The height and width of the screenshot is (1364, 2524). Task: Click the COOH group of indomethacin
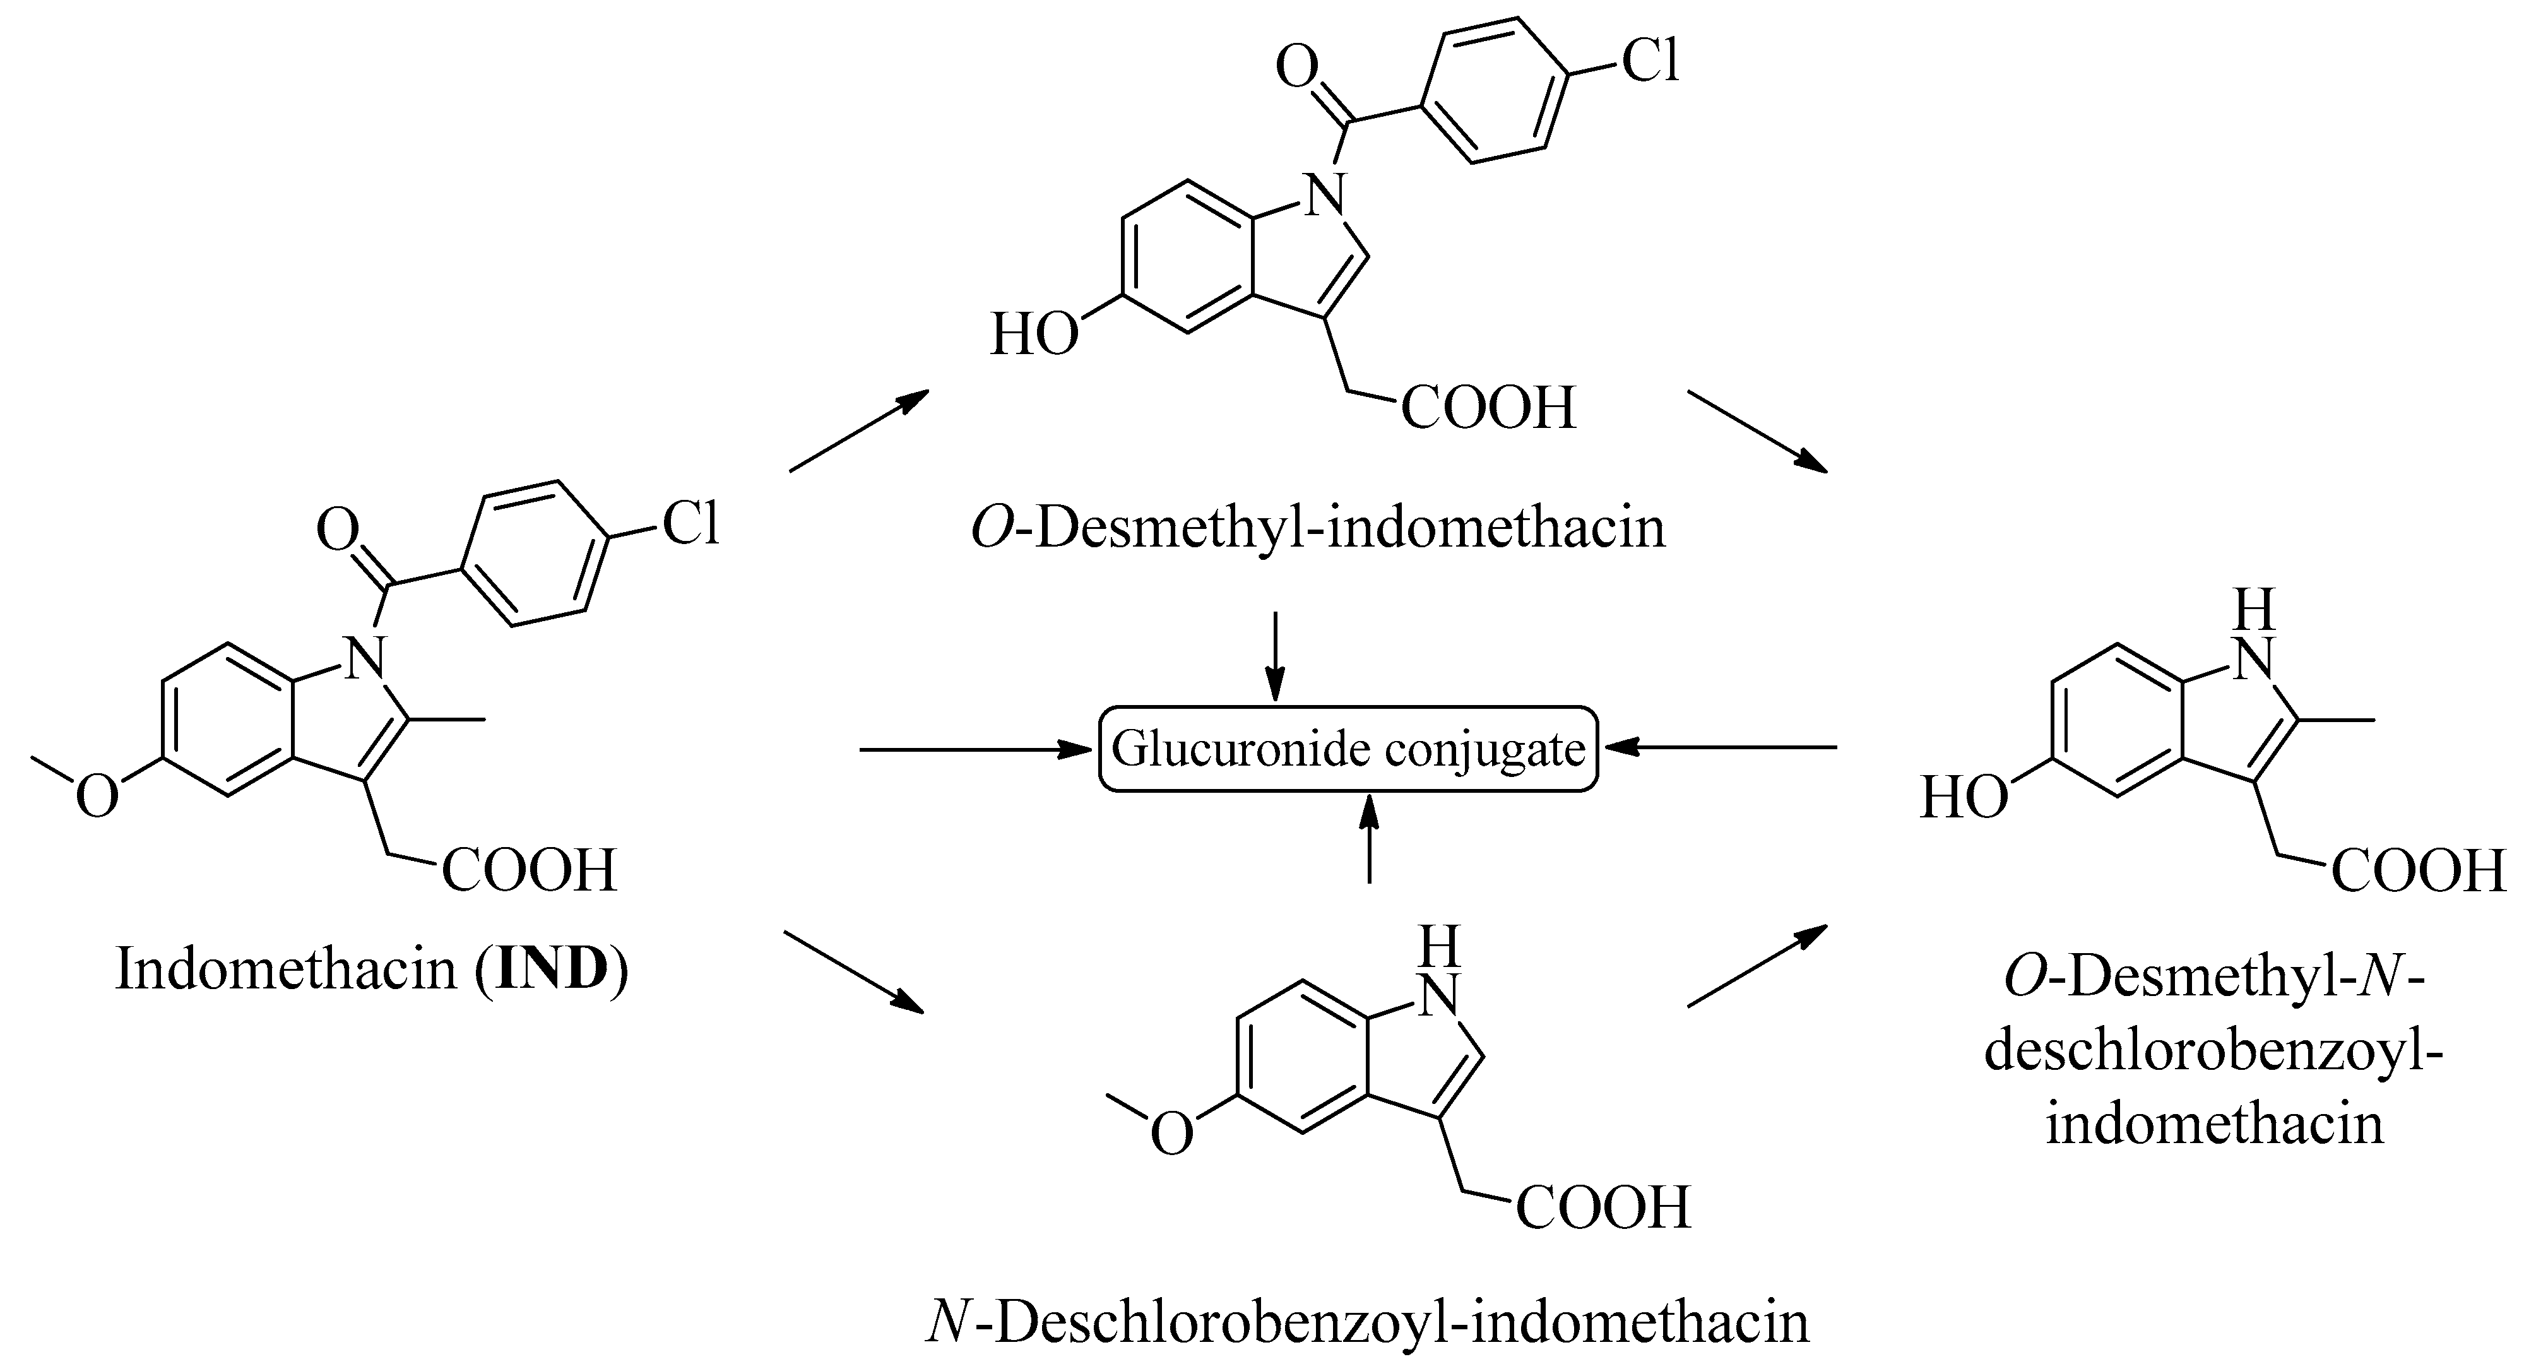529,870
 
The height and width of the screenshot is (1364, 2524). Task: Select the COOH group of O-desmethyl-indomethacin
1488,408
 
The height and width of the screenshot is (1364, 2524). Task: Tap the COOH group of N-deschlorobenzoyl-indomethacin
1603,1207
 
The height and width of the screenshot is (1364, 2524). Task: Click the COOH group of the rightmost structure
2417,870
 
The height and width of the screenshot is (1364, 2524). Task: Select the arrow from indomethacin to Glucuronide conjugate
976,750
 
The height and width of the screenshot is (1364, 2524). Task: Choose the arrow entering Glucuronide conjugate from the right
1719,748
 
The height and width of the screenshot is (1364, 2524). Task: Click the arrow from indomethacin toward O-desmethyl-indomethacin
858,431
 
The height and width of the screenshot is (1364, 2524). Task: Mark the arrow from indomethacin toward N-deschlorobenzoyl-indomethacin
853,971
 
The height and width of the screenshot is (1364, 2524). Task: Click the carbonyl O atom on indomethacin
338,530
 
